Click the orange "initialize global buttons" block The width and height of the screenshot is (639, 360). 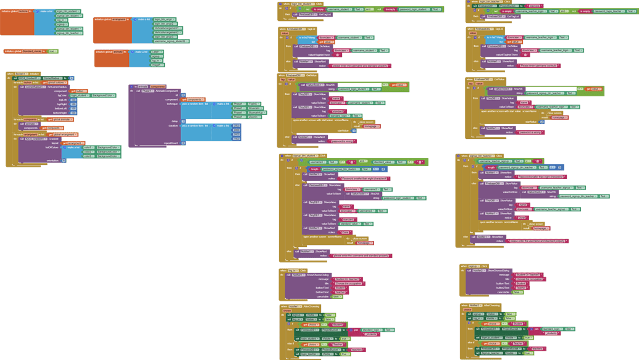[16, 11]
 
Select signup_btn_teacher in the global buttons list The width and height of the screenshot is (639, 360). [69, 33]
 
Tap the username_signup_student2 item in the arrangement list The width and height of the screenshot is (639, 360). [170, 41]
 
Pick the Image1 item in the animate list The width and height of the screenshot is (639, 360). [157, 65]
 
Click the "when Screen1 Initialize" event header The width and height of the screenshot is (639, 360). [23, 73]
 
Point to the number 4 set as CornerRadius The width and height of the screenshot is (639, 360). [72, 78]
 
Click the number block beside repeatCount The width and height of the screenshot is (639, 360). [183, 143]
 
